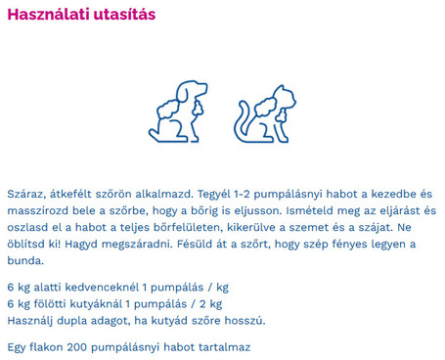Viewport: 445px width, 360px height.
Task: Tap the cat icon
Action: pos(264,113)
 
